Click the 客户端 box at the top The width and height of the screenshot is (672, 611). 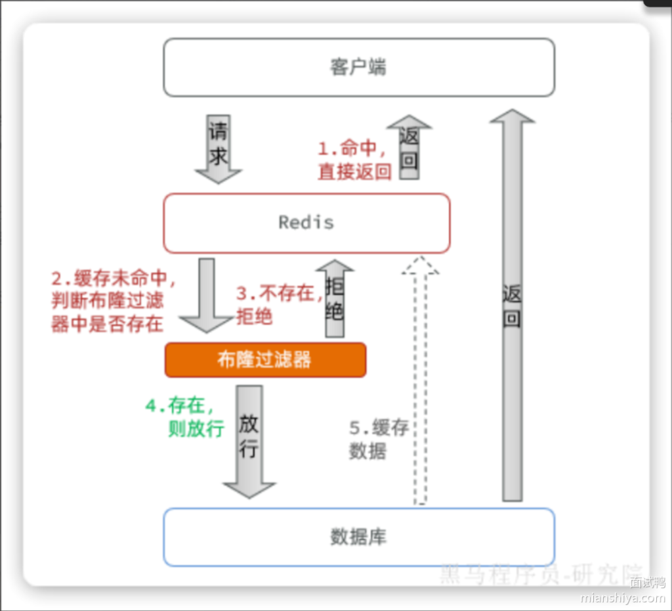[358, 67]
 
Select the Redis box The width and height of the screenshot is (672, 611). [306, 223]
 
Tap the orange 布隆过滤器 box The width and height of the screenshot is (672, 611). [265, 359]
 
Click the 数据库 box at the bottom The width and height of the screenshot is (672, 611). [358, 537]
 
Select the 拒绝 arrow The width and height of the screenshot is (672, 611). [334, 299]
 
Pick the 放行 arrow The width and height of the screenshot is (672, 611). [249, 440]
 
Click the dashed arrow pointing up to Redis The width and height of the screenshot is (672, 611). [420, 381]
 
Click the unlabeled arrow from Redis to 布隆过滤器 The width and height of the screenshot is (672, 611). [207, 294]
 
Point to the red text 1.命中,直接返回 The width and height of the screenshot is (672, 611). [354, 160]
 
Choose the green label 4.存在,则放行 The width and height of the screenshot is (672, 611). [185, 418]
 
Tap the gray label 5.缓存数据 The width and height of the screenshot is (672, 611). [379, 440]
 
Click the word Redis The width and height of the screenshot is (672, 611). [306, 223]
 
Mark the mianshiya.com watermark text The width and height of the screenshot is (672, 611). [623, 598]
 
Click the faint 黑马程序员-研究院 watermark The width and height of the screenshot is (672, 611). [538, 573]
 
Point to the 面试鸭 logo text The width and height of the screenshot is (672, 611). [647, 582]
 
